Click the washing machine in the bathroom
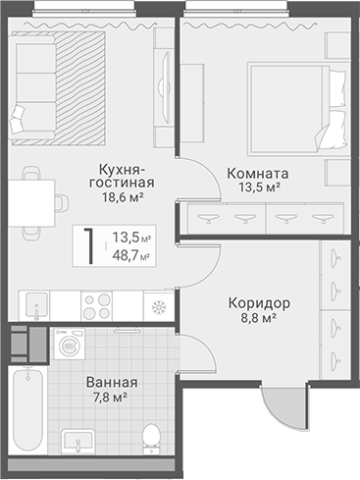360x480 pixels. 70,344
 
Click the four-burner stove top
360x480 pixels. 97,305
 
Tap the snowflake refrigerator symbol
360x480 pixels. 159,307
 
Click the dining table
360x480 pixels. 31,203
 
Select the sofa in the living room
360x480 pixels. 31,87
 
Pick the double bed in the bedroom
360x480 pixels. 296,109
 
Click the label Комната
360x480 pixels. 258,174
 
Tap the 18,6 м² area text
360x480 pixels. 124,197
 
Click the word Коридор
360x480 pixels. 259,303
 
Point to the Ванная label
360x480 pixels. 112,382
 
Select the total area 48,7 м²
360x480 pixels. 131,255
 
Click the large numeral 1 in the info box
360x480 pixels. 89,246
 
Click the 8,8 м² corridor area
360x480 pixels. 259,317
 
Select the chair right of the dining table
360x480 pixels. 62,203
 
